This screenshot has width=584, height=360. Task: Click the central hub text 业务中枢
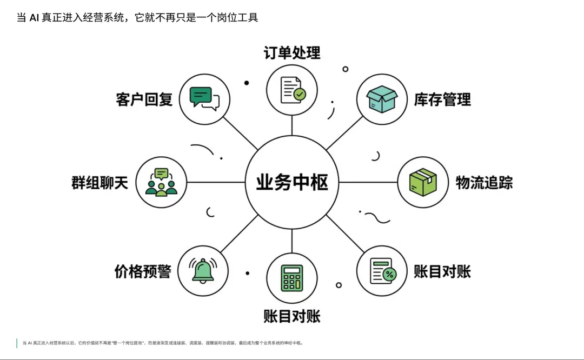point(292,183)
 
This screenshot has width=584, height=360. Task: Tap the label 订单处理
point(292,53)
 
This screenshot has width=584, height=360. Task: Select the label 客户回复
point(144,99)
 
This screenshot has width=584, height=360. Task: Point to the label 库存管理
point(442,99)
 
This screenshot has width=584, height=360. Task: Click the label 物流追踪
point(484,183)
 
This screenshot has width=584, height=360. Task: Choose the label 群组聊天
point(99,183)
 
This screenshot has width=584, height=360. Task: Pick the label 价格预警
point(143,271)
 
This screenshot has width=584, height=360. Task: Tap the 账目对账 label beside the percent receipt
point(442,271)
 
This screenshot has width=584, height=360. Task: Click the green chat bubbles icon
point(204,98)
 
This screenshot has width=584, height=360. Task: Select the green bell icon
point(203,270)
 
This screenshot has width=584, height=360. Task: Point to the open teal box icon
point(382,99)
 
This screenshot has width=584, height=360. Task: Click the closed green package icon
point(423,182)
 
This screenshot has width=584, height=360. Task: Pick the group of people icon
point(161,182)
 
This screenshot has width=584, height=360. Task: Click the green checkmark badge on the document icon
point(300,95)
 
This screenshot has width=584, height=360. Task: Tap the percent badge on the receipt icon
point(389,275)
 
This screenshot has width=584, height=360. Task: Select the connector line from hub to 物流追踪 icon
point(368,182)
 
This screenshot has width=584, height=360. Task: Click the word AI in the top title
point(34,18)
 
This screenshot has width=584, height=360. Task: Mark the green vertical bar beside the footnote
point(17,343)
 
